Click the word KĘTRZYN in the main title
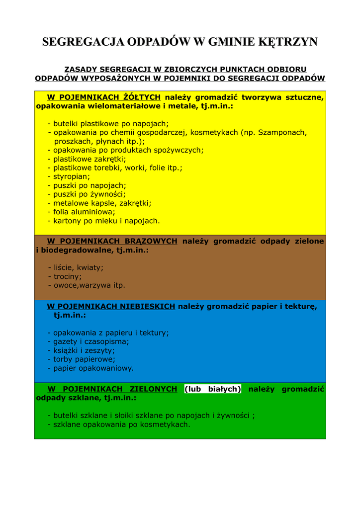(x=288, y=42)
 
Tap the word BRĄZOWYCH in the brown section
(x=151, y=241)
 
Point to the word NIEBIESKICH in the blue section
(x=147, y=306)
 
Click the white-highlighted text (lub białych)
(x=212, y=389)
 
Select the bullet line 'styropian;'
(x=69, y=176)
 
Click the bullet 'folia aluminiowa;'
(x=82, y=212)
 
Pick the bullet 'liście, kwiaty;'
(x=76, y=267)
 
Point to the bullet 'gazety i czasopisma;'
(x=89, y=341)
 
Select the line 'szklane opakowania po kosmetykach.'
(x=119, y=424)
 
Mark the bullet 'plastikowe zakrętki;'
(x=87, y=159)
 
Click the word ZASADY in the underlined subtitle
(x=81, y=69)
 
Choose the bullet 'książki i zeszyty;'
(x=82, y=350)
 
